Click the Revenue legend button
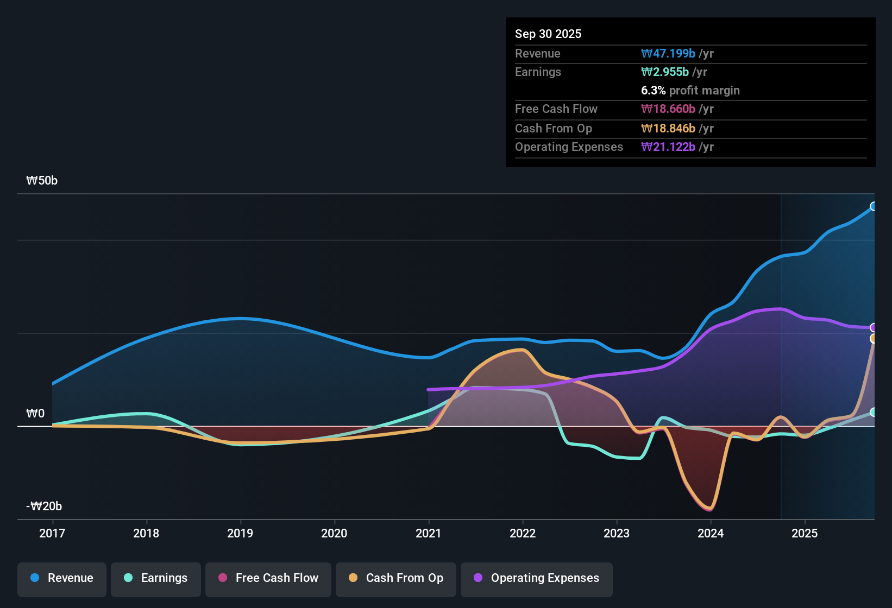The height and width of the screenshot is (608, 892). [62, 578]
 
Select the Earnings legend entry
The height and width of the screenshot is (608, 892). [156, 578]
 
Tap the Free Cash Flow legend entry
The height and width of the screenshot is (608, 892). [268, 578]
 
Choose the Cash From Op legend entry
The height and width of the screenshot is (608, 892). [396, 578]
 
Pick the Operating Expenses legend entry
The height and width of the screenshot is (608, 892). [537, 578]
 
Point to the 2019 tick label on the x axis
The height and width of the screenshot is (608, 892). [240, 534]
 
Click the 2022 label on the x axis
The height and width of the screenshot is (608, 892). [523, 534]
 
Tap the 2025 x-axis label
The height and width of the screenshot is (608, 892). [805, 534]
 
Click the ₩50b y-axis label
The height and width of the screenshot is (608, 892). [42, 181]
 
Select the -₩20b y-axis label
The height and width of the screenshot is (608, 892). [44, 506]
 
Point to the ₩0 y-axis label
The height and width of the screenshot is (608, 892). [35, 414]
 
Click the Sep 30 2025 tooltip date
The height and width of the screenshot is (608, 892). [548, 34]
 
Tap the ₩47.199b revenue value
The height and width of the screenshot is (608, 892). [668, 54]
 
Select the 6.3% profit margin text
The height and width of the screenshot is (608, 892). [690, 91]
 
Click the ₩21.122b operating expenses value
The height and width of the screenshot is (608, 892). [668, 147]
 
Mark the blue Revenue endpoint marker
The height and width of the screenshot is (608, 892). [874, 206]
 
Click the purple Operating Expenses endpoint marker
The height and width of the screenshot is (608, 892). [874, 327]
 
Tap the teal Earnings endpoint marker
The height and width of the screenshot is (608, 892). [874, 413]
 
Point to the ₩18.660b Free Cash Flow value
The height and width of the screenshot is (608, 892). [668, 109]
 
